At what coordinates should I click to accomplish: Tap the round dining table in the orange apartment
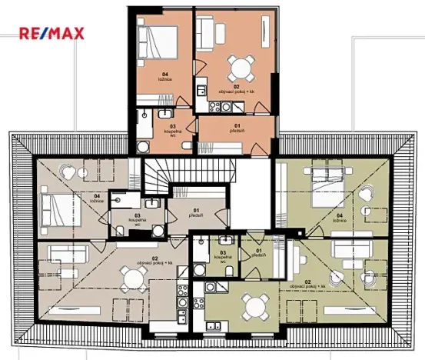point(237,65)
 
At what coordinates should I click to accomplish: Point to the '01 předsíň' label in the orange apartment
point(237,128)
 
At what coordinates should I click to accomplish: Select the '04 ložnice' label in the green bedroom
point(339,218)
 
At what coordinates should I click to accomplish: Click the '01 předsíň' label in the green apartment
point(258,252)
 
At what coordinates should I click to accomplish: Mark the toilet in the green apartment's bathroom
point(201,269)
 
